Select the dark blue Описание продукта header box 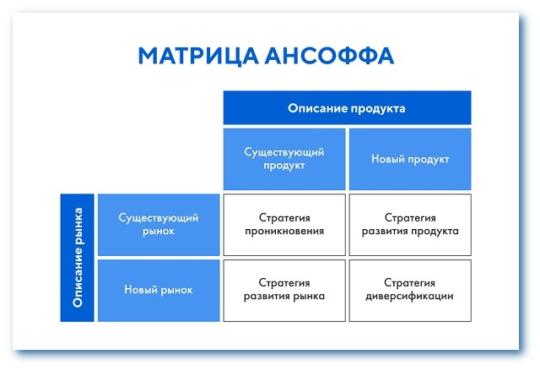click(x=347, y=108)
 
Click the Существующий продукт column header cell click(x=284, y=159)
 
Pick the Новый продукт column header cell click(x=410, y=159)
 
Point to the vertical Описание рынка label click(x=77, y=257)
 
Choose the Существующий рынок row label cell click(x=159, y=225)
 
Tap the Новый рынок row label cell click(x=159, y=290)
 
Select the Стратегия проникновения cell click(x=284, y=225)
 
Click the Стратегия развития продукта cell click(x=410, y=225)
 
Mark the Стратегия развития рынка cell click(x=284, y=290)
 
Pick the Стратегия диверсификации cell click(x=410, y=290)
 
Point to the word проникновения click(x=284, y=232)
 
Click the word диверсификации click(x=410, y=297)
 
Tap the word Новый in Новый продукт click(x=389, y=159)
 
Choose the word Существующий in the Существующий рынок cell click(x=159, y=218)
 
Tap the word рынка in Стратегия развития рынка click(x=308, y=297)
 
